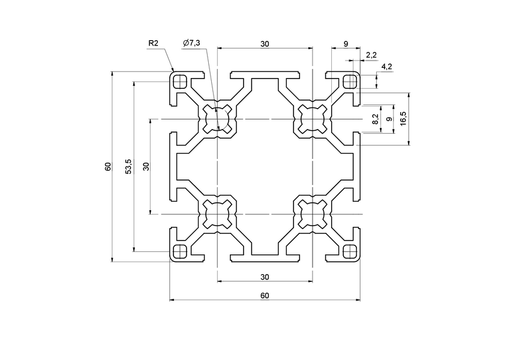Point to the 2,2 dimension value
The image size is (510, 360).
(371, 55)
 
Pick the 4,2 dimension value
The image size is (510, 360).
(386, 67)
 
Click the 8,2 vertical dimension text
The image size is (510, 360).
(376, 119)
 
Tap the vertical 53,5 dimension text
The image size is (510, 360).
(128, 167)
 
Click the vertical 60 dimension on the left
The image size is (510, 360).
(108, 167)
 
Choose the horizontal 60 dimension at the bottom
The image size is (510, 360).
(265, 295)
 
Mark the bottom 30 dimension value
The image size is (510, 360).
(265, 276)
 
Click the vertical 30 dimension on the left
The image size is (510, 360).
(146, 167)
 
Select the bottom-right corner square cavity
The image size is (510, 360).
(349, 251)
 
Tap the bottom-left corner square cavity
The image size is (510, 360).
(179, 251)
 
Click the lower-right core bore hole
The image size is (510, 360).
(312, 214)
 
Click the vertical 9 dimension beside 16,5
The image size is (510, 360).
(389, 119)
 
